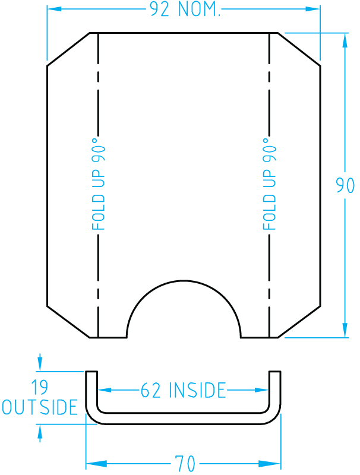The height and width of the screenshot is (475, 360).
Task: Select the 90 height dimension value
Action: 345,186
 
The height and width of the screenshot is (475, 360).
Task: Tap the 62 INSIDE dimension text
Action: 184,391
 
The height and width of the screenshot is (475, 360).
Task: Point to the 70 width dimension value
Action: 184,463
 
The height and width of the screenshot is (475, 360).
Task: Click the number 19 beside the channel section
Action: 40,389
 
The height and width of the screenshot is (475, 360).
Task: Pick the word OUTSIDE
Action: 40,407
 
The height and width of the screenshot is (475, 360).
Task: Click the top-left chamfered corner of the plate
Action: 68,49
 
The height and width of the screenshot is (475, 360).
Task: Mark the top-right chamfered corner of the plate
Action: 299,49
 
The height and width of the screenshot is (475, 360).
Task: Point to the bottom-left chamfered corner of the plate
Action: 68,322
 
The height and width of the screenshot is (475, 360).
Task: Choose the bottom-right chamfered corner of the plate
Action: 299,322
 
